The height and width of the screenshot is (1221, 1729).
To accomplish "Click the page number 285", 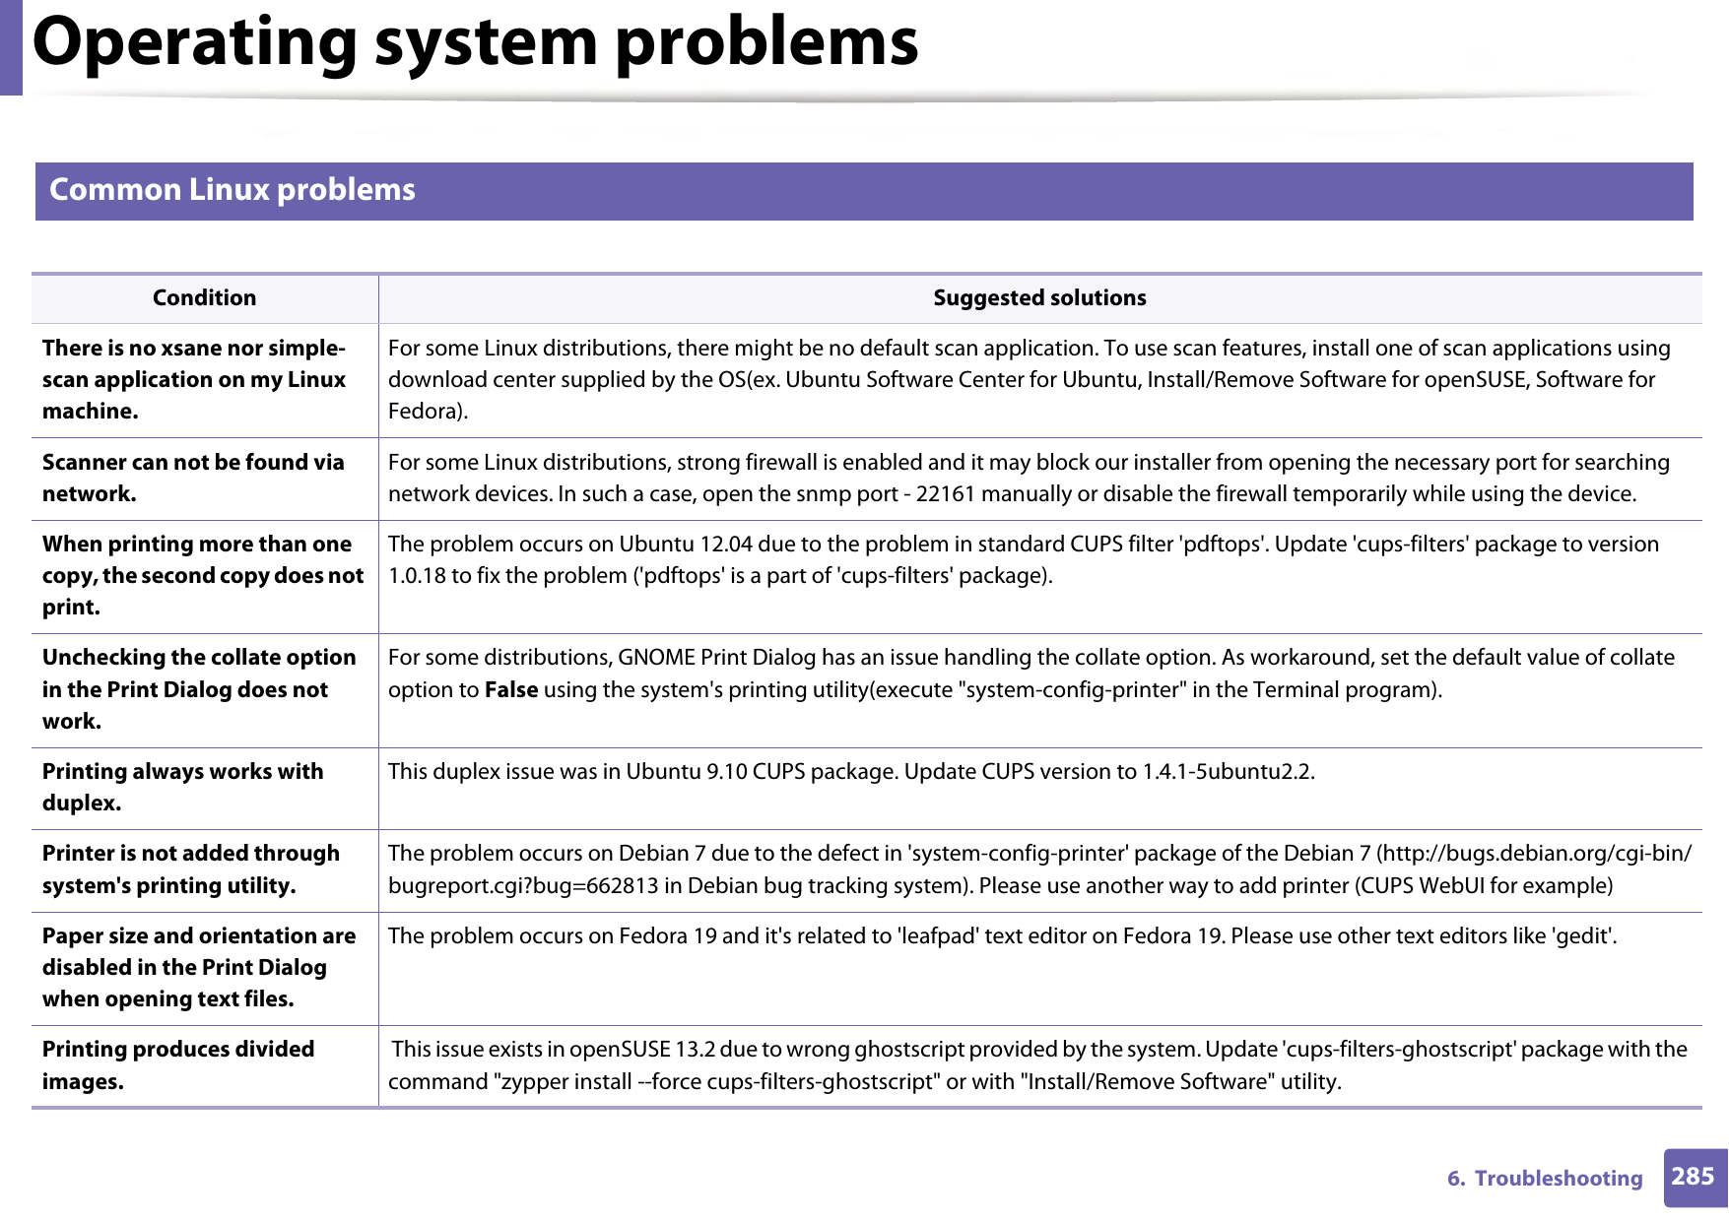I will coord(1693,1177).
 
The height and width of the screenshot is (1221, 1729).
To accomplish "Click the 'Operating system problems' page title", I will coord(475,42).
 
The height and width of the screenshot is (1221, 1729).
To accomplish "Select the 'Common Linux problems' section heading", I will coord(233,189).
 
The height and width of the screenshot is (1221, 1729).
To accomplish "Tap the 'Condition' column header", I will coord(204,297).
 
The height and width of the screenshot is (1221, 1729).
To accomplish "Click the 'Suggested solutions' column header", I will coord(1039,297).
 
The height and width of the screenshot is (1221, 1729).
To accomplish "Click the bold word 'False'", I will coord(510,689).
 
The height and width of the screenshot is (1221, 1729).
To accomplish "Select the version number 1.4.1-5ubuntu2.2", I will coord(1228,771).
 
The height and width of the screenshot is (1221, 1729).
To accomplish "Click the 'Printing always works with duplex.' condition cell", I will coord(183,787).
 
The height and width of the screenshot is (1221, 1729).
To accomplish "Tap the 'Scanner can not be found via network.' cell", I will coord(193,478).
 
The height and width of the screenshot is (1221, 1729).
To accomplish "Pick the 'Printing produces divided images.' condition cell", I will coord(178,1064).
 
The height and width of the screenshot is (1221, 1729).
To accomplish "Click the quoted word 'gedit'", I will coord(1583,935).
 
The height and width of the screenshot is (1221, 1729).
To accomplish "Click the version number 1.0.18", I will coord(417,575).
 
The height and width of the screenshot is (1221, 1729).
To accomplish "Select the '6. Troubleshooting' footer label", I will coord(1544,1178).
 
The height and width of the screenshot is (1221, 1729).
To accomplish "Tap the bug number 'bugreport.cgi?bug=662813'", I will coord(523,885).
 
